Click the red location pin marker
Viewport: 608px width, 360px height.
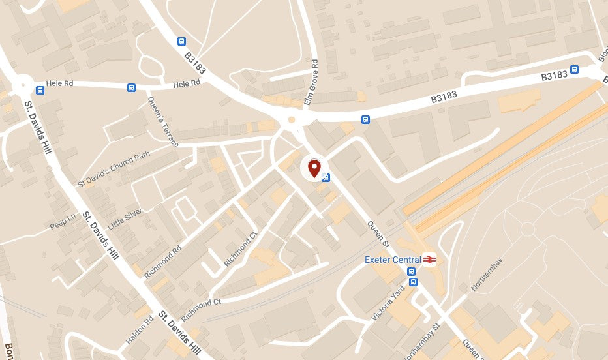tap(314, 168)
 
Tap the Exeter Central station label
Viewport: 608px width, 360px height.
tap(392, 260)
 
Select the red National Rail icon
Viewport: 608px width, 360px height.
tap(429, 260)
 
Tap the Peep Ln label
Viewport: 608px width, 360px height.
tap(63, 223)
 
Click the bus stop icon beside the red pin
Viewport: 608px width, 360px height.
tap(326, 177)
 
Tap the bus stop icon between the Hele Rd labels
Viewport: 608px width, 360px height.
tap(131, 87)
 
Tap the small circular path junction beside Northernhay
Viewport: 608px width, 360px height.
tap(527, 229)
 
